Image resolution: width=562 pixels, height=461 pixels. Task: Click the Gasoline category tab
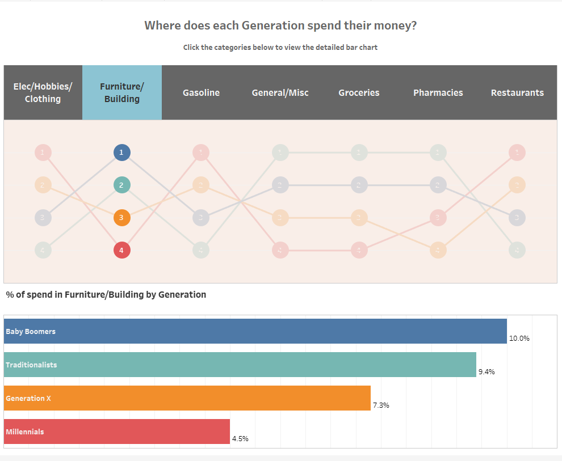point(201,92)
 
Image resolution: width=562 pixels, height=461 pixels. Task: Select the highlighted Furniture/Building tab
point(122,92)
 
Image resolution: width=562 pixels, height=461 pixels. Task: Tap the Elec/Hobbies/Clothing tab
point(43,92)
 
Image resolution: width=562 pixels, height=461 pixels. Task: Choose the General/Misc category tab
point(280,92)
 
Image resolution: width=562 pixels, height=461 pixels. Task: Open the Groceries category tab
point(359,92)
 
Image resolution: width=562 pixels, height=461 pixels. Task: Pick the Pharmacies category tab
point(438,92)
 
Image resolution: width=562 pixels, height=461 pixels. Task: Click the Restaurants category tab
point(517,92)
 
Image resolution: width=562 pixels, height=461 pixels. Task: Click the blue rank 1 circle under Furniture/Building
point(121,153)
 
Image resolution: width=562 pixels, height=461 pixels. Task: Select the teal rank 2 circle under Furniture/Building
point(121,185)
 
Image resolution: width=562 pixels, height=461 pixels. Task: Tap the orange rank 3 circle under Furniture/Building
point(121,218)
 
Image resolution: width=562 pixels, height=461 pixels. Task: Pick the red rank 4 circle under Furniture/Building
point(121,250)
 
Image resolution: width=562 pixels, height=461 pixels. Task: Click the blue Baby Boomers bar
point(255,331)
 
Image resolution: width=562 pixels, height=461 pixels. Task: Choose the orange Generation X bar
point(187,398)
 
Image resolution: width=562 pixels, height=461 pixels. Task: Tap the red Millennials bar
point(117,432)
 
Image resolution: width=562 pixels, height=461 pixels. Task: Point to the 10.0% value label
point(519,339)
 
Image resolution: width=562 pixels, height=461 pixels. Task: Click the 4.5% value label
point(240,439)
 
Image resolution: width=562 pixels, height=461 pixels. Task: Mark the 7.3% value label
point(380,405)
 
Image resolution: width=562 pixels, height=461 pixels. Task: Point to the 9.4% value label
point(486,372)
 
